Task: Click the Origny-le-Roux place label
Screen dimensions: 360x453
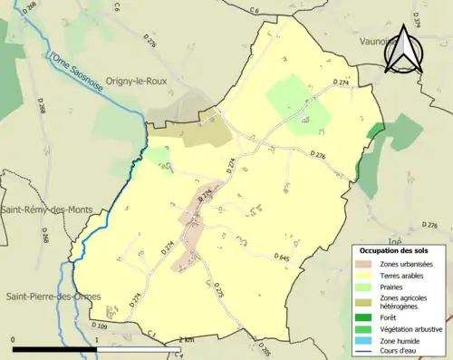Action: pyautogui.click(x=145, y=79)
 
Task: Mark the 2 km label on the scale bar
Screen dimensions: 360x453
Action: pyautogui.click(x=186, y=339)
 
